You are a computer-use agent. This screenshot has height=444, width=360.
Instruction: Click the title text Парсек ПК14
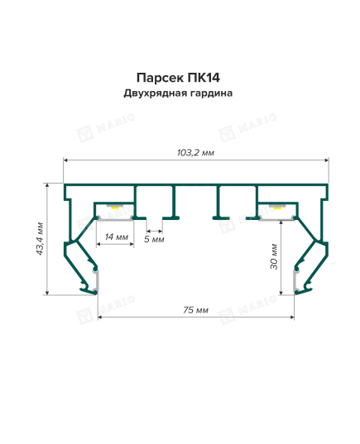[178, 78]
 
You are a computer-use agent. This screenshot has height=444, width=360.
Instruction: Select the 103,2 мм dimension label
[195, 153]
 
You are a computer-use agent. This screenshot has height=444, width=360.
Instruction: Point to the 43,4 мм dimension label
[40, 239]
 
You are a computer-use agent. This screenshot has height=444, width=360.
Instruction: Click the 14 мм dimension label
[117, 236]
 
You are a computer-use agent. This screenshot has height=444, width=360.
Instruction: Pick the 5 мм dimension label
[154, 239]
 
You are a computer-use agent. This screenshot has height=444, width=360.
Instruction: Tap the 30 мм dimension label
[274, 256]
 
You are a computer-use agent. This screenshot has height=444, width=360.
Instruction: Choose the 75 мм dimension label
[195, 310]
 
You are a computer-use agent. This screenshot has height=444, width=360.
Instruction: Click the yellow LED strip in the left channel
[115, 208]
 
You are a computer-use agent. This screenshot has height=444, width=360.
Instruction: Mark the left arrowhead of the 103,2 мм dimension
[65, 160]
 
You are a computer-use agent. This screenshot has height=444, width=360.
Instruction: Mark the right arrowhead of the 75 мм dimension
[292, 317]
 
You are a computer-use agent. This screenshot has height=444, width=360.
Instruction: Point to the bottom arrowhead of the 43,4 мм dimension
[47, 293]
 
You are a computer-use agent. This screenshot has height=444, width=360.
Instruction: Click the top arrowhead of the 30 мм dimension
[281, 223]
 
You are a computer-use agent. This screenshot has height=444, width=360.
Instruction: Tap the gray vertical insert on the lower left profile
[96, 280]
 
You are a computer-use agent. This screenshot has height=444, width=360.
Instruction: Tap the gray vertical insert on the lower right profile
[295, 280]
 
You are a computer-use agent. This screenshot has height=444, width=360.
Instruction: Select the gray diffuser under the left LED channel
[115, 218]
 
